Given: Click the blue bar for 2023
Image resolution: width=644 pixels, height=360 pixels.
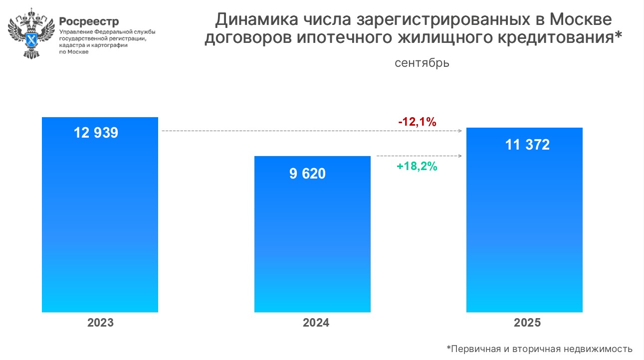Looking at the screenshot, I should coord(100,224).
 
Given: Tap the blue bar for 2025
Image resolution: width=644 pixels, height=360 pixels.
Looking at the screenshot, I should coord(524,229).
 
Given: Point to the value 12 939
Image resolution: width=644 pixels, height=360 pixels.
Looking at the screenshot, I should coord(96,133).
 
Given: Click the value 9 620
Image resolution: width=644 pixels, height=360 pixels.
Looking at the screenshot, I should coord(307,174).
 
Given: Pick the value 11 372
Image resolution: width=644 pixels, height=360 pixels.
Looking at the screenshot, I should coord(527,145).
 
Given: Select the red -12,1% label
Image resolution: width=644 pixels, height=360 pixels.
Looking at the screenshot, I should coord(417,122).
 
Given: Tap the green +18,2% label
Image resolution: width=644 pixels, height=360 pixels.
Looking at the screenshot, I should coord(417,167).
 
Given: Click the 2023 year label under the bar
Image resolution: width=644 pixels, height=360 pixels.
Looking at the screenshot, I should coord(100,323).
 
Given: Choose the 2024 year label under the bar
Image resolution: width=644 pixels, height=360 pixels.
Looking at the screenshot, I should coord(316,323).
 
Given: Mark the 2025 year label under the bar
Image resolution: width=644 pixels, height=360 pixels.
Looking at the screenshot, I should coord(527,323).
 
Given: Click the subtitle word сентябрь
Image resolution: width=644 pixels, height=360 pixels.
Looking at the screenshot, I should coord(422,63).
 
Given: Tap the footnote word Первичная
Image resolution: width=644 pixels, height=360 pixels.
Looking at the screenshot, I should coord(475,349).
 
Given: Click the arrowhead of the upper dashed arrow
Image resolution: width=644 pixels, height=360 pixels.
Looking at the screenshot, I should coord(459,131).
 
